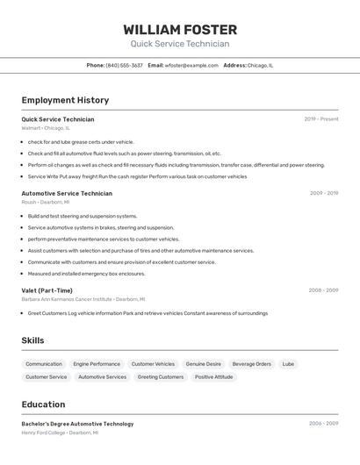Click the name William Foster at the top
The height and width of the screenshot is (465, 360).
tap(180, 30)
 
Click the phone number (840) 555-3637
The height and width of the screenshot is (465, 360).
tap(124, 65)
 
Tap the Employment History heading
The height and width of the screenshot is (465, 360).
tap(65, 100)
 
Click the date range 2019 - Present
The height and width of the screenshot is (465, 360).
tap(321, 118)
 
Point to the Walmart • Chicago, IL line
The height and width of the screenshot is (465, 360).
tap(46, 128)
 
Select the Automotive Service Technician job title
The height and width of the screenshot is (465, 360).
tap(67, 193)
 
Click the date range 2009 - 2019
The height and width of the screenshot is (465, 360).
tap(324, 193)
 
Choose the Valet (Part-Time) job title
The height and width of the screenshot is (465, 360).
tap(47, 290)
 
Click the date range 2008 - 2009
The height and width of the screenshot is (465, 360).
tap(323, 290)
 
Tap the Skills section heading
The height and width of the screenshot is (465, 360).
tap(32, 340)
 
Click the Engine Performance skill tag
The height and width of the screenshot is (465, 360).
tap(97, 363)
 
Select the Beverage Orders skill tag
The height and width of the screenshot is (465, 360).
tap(252, 363)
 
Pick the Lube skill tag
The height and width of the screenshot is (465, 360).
tap(288, 363)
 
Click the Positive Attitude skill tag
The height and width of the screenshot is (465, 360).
tap(214, 377)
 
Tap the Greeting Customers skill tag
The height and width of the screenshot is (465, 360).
tap(161, 377)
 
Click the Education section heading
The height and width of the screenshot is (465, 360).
tap(43, 404)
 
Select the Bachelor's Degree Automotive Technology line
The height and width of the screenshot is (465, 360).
tap(77, 424)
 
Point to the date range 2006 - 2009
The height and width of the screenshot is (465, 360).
tap(323, 424)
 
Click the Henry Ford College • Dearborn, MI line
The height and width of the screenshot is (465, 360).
tap(60, 433)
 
